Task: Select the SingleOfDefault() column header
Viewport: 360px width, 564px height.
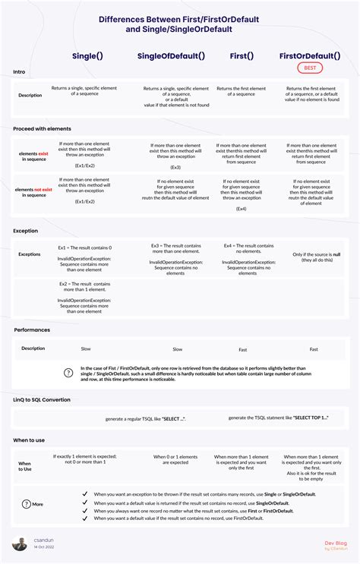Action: (171, 55)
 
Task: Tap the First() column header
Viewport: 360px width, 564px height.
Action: (242, 55)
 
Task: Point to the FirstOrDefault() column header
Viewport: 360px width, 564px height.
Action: (309, 55)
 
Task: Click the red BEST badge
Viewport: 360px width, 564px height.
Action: (309, 68)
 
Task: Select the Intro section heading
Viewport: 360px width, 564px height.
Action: (20, 72)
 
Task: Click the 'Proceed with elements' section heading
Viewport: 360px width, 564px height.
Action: (42, 128)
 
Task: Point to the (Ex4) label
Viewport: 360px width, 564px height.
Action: (241, 208)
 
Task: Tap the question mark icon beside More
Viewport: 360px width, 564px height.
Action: (27, 503)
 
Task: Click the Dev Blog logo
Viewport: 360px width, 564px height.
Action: (335, 544)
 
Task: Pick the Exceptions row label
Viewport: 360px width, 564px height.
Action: (30, 254)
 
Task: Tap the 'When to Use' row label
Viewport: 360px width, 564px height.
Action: (25, 466)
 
